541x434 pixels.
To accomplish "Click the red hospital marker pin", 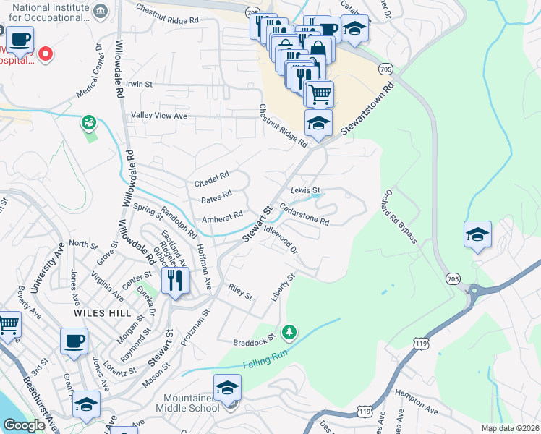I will point(45,54).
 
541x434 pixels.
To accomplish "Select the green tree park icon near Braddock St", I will point(289,331).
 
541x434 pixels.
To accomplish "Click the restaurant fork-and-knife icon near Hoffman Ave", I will point(174,279).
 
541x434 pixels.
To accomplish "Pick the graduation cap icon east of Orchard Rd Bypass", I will point(477,235).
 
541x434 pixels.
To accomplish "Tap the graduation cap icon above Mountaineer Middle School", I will point(228,388).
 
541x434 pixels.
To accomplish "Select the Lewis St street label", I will point(304,190).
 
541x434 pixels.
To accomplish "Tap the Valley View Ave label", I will point(158,116).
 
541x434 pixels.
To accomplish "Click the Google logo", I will point(25,426).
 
